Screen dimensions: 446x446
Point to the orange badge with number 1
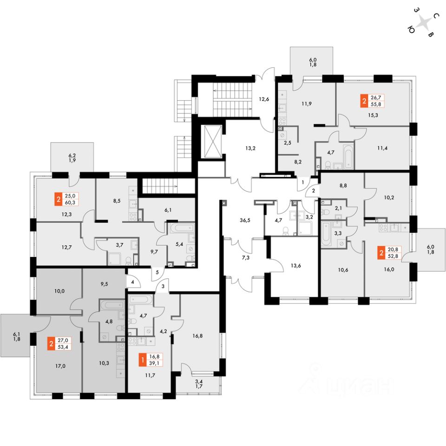(143, 360)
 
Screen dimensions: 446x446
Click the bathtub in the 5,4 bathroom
(181, 229)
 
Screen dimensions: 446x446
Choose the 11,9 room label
(307, 104)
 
